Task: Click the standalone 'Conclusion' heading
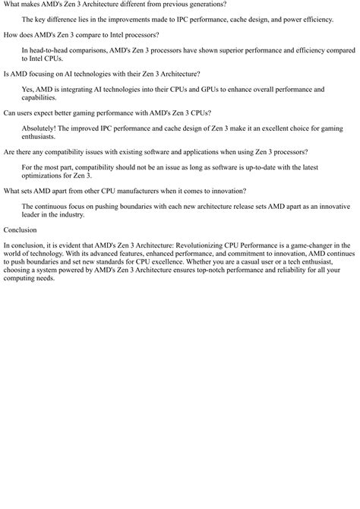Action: click(x=20, y=229)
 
